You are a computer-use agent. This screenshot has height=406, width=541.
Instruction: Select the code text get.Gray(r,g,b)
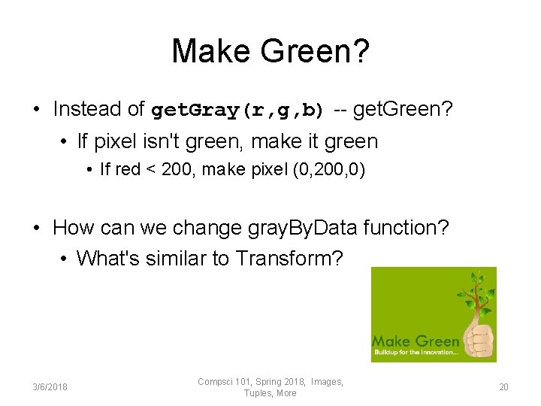[237, 111]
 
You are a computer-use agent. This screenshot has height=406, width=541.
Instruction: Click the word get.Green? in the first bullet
[403, 110]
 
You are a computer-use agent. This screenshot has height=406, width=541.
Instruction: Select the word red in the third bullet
[128, 170]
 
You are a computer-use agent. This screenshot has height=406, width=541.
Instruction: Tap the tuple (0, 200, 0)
[328, 170]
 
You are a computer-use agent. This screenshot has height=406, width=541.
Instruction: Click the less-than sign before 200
[152, 170]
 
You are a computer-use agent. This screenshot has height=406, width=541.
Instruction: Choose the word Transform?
[289, 259]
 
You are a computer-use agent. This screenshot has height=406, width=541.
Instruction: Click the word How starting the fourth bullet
[73, 227]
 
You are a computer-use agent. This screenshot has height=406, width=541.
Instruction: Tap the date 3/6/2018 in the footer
[50, 387]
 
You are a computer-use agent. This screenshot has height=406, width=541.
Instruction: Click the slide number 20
[503, 387]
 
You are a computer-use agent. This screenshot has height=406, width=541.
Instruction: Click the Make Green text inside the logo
[416, 341]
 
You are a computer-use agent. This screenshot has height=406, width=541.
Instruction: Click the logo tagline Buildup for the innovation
[416, 353]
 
